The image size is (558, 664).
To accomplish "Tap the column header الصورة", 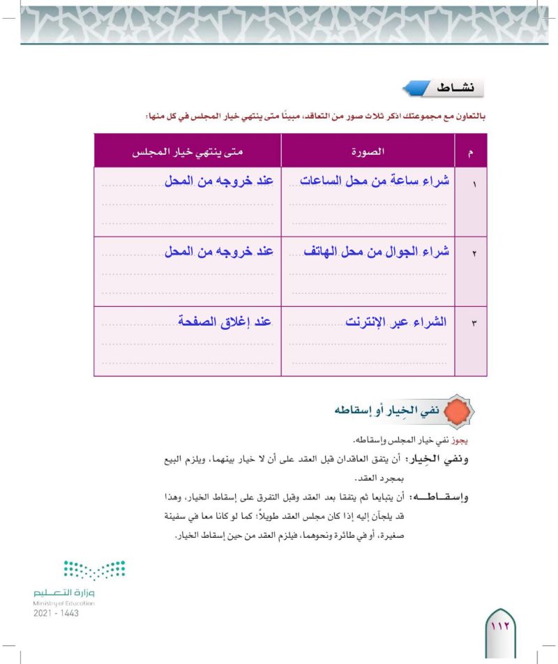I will [x=368, y=151].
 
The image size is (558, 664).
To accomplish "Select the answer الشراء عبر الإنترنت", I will [x=396, y=322].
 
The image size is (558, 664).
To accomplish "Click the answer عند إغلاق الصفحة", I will [x=223, y=322].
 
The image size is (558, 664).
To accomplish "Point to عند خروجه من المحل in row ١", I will [x=218, y=181].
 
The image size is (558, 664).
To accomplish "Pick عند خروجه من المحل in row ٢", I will [x=218, y=252].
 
